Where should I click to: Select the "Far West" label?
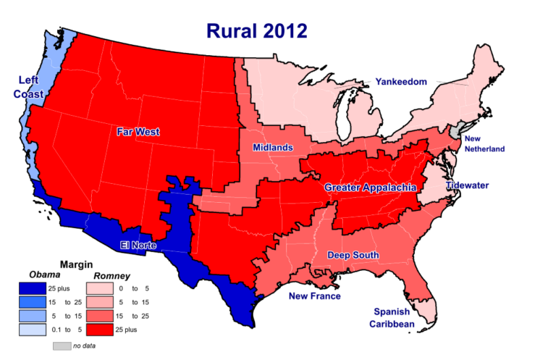coord(138,132)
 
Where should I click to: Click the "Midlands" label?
coord(273,148)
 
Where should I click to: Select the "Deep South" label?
coord(353,255)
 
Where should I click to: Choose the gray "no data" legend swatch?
coord(62,346)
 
